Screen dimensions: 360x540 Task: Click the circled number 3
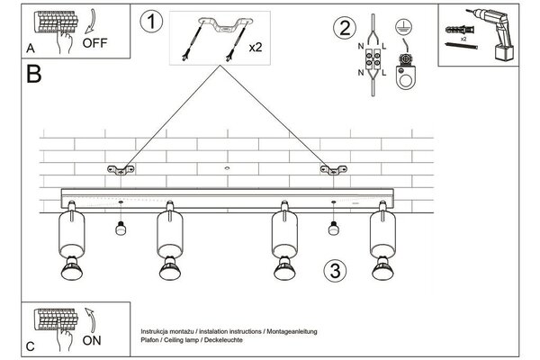[x=333, y=270]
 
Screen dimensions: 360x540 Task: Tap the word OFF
[x=96, y=42]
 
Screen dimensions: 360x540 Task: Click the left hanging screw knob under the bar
[x=120, y=228]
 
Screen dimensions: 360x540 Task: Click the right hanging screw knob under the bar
[x=333, y=228]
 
